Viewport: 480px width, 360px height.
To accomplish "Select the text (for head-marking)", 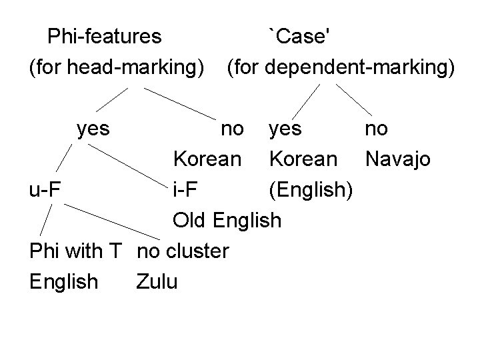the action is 116,67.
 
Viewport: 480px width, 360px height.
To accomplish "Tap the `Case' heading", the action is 298,36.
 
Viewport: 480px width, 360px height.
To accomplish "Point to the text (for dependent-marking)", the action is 341,67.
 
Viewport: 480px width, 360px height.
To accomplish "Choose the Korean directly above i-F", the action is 207,159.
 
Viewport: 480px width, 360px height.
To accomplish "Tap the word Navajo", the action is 397,159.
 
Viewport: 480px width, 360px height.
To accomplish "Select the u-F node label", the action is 45,189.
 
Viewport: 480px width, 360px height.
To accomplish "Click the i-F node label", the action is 185,189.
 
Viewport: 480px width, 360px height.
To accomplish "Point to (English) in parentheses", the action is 310,190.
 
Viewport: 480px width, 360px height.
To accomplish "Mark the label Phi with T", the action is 75,251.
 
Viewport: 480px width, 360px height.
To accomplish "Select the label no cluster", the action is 182,251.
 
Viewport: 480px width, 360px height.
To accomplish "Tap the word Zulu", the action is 157,281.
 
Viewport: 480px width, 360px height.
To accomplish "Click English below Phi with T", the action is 63,282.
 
